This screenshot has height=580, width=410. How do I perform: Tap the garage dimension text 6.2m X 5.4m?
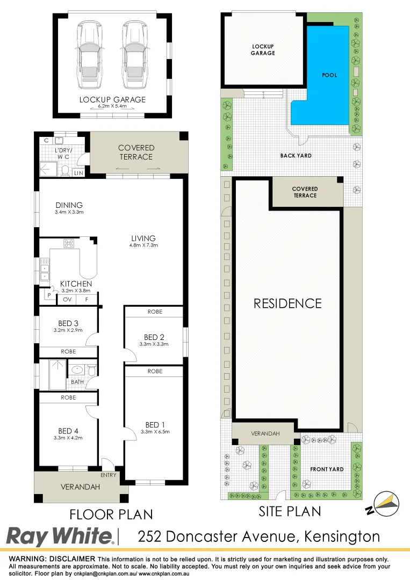112,107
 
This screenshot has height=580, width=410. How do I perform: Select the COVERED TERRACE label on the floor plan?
136,152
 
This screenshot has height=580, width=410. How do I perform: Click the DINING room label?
69,205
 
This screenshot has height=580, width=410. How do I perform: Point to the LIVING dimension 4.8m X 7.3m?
143,245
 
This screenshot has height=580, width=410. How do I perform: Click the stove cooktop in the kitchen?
69,243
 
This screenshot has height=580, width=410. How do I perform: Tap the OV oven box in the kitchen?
68,300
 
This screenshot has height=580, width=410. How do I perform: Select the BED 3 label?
68,323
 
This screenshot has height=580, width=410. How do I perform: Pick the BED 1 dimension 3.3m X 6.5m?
155,431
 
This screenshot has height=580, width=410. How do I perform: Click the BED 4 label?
68,431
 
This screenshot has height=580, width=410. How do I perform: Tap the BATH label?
77,382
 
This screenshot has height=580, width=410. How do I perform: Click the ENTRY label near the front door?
108,475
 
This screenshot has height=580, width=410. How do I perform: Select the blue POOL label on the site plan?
329,75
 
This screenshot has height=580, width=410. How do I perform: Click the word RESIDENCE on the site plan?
287,303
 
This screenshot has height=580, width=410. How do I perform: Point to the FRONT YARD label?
327,469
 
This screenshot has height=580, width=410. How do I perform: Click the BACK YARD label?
296,156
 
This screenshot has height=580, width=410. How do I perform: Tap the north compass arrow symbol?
384,504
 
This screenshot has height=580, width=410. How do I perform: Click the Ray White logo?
60,536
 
